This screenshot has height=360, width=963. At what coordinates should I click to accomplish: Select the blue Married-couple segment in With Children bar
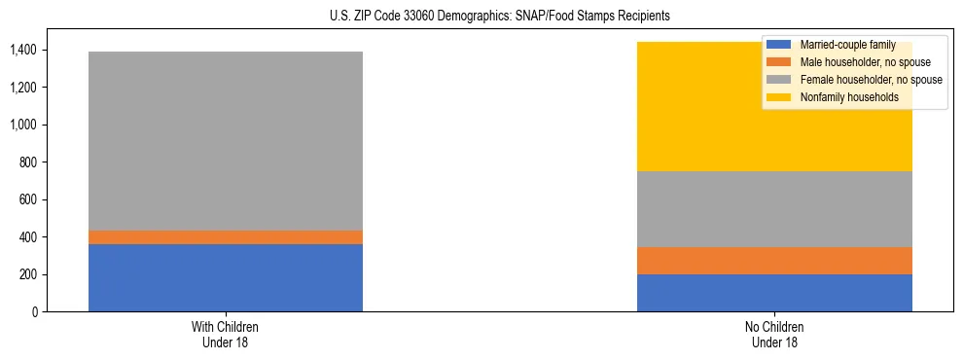pos(226,277)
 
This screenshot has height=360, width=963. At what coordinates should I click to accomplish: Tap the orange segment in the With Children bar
pos(226,237)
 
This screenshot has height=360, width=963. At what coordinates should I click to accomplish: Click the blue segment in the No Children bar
pos(774,293)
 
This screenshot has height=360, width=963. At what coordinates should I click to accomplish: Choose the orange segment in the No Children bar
pos(774,261)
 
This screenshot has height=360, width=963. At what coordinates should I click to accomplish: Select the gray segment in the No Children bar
pos(774,209)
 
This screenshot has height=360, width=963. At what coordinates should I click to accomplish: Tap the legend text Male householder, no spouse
pos(857,62)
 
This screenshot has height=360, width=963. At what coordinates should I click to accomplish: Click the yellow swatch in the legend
pos(778,97)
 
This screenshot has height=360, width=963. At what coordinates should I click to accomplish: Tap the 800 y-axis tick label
pos(30,162)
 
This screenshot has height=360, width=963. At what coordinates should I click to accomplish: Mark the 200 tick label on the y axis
pos(30,274)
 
